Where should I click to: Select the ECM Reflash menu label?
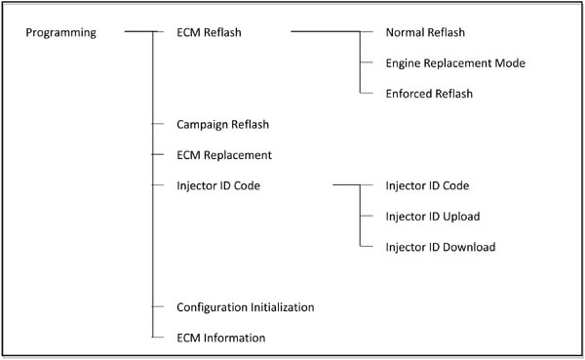[210, 33]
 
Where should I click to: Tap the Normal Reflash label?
[425, 33]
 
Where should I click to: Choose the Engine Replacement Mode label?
[455, 63]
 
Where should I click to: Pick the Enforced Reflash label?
[429, 94]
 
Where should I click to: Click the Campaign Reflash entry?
[222, 124]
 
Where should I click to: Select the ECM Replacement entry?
[224, 154]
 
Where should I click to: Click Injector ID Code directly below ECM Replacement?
[217, 185]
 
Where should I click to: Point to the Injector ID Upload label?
[433, 216]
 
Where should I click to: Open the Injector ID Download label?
[441, 247]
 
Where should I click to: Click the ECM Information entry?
[220, 338]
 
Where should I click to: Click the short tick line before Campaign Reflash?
[159, 124]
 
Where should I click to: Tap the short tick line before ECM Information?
[159, 338]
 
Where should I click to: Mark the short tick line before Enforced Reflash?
[367, 94]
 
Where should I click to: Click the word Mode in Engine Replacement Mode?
[510, 63]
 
